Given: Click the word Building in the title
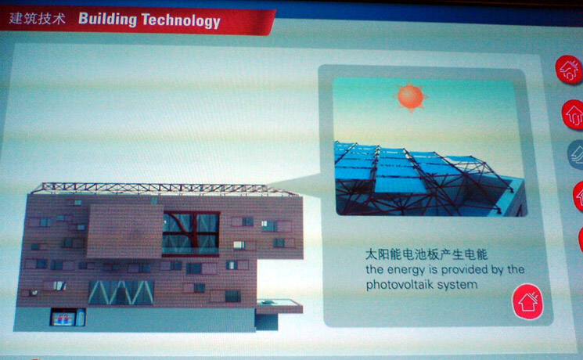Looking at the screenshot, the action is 107,19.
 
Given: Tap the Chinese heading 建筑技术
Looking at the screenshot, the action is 37,18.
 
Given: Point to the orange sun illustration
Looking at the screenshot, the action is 411,97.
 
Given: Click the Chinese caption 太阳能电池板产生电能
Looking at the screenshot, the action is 426,254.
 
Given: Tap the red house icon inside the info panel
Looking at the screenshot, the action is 527,301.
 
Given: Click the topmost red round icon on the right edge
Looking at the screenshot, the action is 569,70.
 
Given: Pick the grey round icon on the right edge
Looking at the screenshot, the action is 575,154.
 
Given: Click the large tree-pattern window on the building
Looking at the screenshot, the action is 191,233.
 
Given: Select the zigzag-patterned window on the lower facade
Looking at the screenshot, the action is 121,293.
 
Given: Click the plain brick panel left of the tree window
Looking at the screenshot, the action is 124,231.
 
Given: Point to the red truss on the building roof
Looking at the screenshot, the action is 164,189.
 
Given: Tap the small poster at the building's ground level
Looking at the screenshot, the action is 63,319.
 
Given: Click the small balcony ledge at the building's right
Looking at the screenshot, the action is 279,306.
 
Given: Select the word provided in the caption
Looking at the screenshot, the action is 465,270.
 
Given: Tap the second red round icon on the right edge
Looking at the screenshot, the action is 573,114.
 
